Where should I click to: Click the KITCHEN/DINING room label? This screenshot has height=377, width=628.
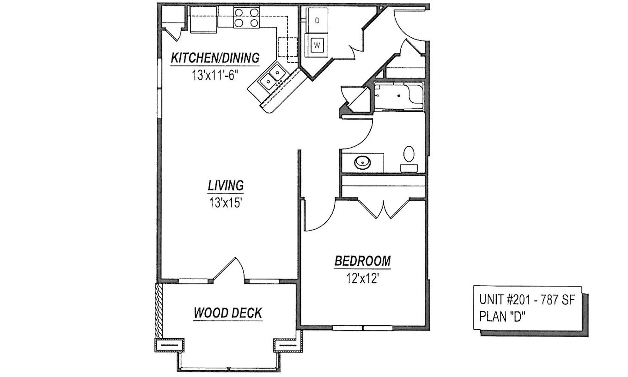(x=215, y=58)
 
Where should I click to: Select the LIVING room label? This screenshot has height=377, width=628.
(x=226, y=185)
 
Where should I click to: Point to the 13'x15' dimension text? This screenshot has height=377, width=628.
(x=226, y=202)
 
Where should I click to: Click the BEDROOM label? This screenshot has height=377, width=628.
(x=363, y=261)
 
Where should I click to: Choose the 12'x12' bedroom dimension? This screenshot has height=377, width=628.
(x=363, y=278)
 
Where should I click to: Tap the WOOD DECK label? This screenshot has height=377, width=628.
(x=228, y=313)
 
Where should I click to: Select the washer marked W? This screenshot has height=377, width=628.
(x=317, y=45)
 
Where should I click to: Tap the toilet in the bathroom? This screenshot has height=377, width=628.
(x=409, y=159)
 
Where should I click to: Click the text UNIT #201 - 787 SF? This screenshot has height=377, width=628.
(x=526, y=300)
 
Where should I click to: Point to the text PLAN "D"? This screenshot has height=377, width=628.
(x=503, y=317)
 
